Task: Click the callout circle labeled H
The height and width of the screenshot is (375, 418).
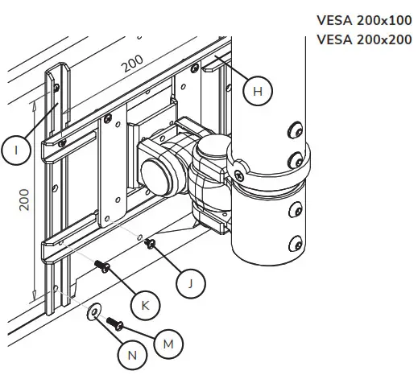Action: pos(257,92)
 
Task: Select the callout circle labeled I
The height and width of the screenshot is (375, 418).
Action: pos(16,150)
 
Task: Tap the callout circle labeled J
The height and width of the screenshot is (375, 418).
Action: pos(190,282)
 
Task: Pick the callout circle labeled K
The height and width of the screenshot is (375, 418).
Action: pos(146,305)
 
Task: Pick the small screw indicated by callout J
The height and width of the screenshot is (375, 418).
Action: pos(150,244)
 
